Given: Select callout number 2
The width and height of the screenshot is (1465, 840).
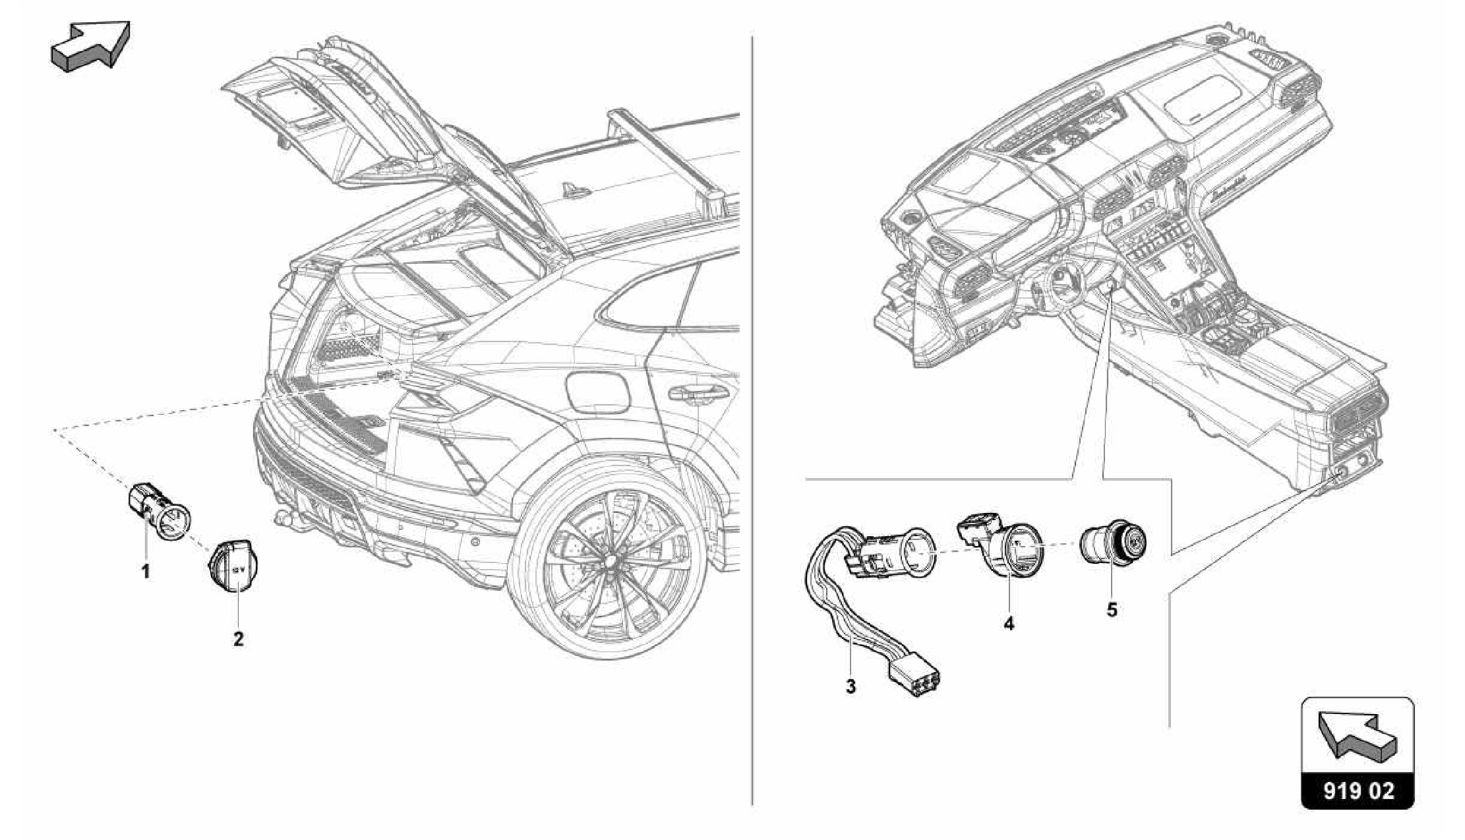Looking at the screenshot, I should (x=238, y=639).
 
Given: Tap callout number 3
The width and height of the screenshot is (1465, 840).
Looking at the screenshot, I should (x=851, y=687).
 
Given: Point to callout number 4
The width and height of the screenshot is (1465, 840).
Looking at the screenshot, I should (x=1009, y=623).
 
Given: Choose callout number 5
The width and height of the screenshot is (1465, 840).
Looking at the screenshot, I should (x=1112, y=610).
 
